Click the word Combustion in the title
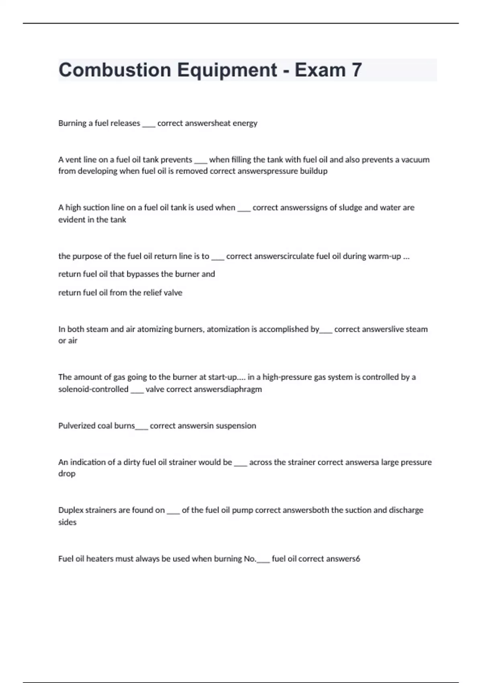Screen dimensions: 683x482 114,70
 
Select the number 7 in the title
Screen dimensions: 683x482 357,70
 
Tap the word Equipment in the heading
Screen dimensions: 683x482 227,70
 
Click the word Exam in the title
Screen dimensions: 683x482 320,70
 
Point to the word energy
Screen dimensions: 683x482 245,123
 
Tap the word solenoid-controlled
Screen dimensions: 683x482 93,389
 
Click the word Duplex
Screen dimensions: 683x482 71,510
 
